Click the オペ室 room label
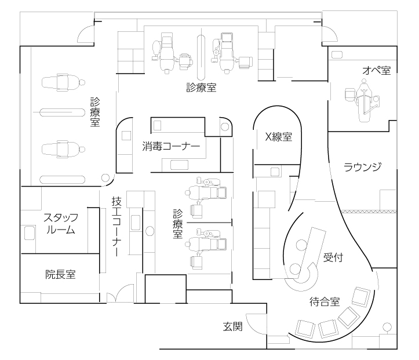377,71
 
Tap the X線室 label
278,137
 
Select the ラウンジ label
362,167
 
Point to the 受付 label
333,257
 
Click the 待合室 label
325,301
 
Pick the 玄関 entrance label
233,326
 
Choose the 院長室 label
60,274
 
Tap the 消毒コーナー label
171,146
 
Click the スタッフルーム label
61,224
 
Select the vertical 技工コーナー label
116,226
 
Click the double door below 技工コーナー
120,293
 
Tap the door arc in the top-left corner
84,32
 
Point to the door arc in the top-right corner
331,32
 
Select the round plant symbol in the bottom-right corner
387,327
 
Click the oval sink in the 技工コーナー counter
150,231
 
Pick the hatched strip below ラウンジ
369,212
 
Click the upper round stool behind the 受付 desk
301,245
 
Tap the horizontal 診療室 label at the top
201,88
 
